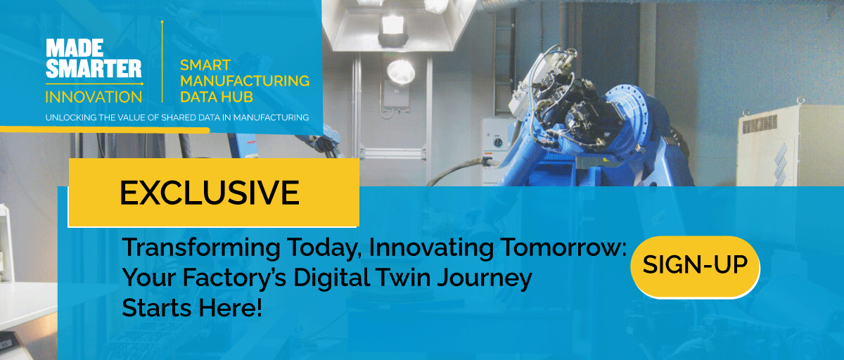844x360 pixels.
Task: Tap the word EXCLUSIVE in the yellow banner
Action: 209,192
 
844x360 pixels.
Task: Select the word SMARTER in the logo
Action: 94,69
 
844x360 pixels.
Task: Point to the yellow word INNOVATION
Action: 94,96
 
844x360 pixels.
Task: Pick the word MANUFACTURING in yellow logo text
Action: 245,80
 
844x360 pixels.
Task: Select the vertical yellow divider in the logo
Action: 162,63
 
